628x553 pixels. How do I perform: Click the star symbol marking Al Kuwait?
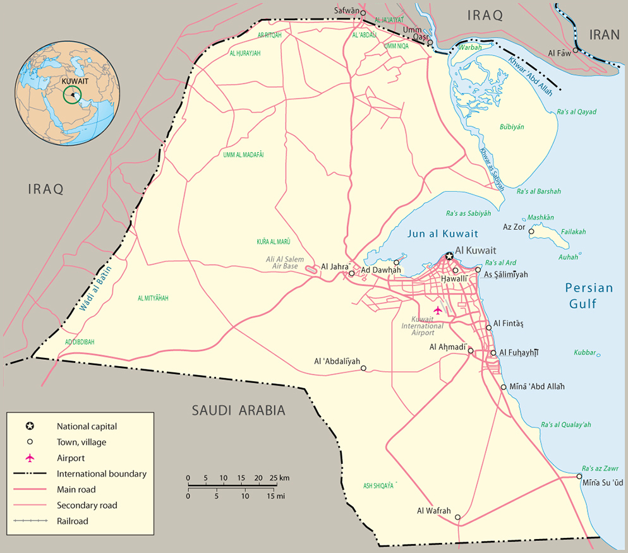click(x=449, y=256)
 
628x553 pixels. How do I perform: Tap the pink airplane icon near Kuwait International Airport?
click(x=438, y=310)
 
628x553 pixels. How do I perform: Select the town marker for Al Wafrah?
click(x=458, y=518)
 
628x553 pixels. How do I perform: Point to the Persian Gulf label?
click(x=589, y=295)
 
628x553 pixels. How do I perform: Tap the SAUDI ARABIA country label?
click(x=239, y=411)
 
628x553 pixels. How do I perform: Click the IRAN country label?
click(x=605, y=35)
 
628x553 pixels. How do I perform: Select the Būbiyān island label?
click(x=512, y=127)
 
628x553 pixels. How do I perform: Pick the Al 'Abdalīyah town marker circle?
click(x=363, y=368)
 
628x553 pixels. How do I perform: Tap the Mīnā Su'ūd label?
click(x=603, y=483)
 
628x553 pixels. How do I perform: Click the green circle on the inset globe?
click(x=73, y=95)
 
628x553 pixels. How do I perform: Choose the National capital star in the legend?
click(x=30, y=426)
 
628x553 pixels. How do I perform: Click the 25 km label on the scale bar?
click(x=279, y=477)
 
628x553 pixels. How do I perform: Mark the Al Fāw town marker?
click(x=576, y=51)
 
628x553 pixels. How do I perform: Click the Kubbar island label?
click(x=585, y=352)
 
